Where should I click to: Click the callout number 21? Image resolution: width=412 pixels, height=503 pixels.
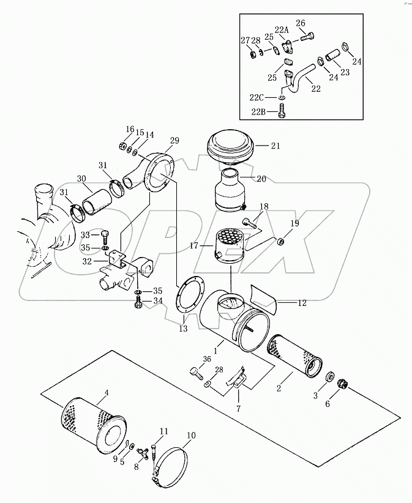pos(275,146)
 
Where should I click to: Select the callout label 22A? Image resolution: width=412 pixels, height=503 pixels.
pos(282,30)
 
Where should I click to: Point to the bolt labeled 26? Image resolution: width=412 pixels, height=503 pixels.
pos(307,37)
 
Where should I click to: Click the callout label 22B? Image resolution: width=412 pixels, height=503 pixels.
pos(258,111)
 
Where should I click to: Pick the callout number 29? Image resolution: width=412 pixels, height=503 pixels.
pos(175,141)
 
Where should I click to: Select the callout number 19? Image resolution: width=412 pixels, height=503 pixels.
pos(294,223)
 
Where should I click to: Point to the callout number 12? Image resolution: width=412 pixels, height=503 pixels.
pos(302,302)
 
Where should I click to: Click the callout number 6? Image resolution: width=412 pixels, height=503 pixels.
pos(328,403)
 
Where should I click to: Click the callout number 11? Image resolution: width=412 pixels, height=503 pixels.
pos(163,431)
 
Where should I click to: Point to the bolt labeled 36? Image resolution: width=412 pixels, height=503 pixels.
pos(195,373)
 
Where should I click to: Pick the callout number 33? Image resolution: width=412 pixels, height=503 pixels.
pos(85,235)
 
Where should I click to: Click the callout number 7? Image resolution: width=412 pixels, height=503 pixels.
pos(238,409)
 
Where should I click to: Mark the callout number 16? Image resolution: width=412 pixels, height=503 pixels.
pos(130,129)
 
